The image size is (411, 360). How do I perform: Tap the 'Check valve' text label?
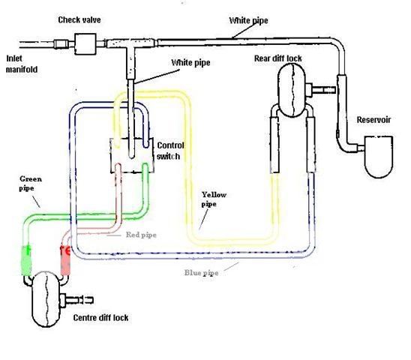click(x=80, y=17)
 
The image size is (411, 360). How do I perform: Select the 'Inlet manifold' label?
click(x=22, y=64)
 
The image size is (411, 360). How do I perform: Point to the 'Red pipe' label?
click(x=142, y=235)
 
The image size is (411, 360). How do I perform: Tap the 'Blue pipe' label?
click(x=202, y=272)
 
